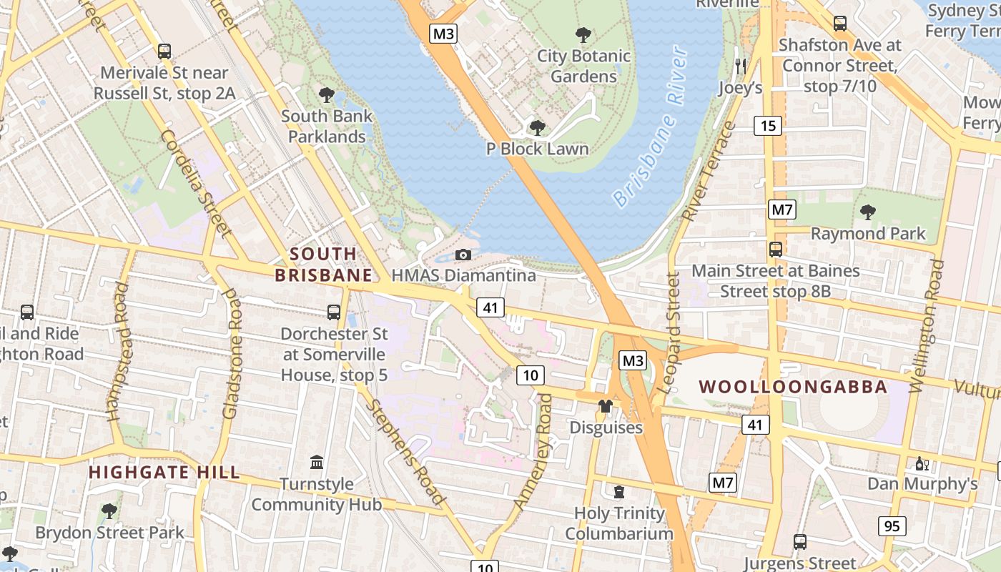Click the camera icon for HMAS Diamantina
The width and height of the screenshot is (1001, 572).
point(463,255)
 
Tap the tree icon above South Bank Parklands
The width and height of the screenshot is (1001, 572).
point(327,94)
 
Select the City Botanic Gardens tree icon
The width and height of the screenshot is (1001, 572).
point(583,34)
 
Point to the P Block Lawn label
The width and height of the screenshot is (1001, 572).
point(537,149)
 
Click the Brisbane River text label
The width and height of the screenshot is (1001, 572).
point(651,127)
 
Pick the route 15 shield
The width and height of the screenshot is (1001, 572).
point(768,126)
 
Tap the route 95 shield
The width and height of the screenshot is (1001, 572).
point(892,526)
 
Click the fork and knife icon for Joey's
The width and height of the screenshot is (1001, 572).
point(740,66)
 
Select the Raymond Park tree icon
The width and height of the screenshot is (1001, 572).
point(868,212)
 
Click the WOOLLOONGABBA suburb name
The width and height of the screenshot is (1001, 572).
point(793,387)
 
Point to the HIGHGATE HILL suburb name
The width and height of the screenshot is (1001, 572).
point(164,473)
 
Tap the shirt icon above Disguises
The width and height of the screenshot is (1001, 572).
point(606,406)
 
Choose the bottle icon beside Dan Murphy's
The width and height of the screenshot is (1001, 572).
point(922,463)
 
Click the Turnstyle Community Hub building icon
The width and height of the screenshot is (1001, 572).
point(317,463)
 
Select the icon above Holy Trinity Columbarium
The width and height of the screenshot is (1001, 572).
point(618,492)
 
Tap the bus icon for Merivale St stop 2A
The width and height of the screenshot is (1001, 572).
point(164,51)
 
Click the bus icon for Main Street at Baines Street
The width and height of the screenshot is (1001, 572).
point(776,250)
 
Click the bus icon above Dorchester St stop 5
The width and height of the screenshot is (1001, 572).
point(334,312)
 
